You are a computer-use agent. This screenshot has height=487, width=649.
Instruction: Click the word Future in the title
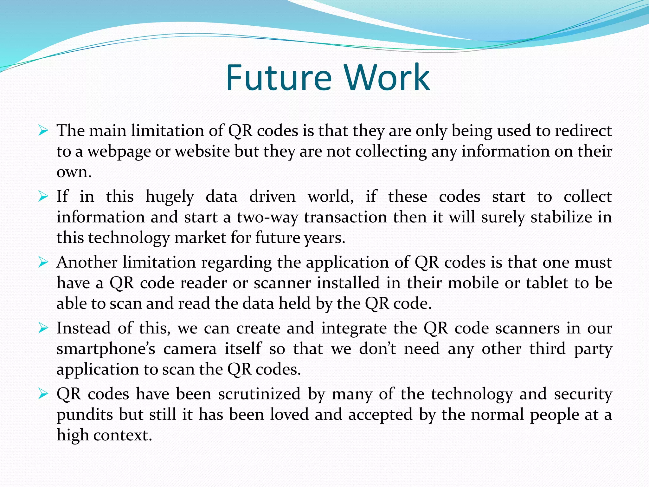[x=279, y=77]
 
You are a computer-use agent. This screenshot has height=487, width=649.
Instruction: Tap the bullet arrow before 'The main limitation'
[x=43, y=130]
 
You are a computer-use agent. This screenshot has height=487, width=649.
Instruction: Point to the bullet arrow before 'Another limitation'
[x=43, y=262]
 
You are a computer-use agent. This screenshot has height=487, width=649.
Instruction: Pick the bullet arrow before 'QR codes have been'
[x=43, y=394]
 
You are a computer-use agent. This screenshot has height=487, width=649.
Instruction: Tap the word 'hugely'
[x=170, y=197]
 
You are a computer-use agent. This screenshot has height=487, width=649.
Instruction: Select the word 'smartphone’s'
[x=106, y=349]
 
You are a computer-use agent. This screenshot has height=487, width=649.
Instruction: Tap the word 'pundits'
[x=85, y=415]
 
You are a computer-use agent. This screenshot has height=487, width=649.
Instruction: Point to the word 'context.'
[x=123, y=435]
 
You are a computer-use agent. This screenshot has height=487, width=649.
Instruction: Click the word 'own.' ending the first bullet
[x=74, y=172]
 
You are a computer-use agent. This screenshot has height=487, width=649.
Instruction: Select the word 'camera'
[x=190, y=349]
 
